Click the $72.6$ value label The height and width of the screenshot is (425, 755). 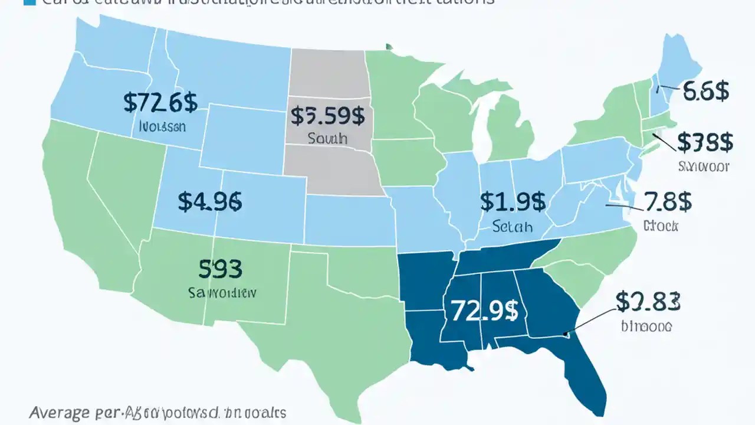(x=160, y=103)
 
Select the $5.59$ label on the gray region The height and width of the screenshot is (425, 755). (x=327, y=116)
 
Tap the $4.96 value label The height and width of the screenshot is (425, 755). (x=209, y=202)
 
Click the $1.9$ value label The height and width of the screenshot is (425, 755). (x=512, y=202)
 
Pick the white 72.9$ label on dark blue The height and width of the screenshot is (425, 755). (x=480, y=310)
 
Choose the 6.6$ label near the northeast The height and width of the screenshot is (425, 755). (x=705, y=91)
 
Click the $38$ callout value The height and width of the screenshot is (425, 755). (x=705, y=142)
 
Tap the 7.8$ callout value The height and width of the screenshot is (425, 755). (x=668, y=201)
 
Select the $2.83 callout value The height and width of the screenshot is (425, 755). (x=648, y=302)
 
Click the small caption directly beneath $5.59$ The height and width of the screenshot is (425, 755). (x=327, y=139)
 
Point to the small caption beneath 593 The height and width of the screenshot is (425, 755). (x=222, y=292)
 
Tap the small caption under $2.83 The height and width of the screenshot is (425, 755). (x=646, y=325)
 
